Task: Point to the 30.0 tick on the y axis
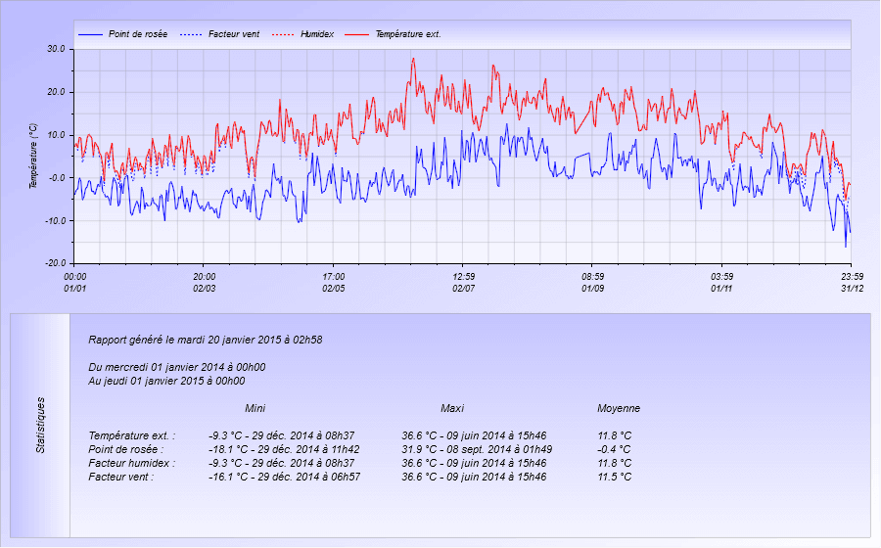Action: tap(56, 49)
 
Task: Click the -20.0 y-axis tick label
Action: tap(55, 264)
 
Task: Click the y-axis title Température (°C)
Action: tap(32, 156)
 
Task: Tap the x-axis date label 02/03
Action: tap(204, 289)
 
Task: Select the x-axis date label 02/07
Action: tap(463, 289)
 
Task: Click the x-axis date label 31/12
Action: tap(852, 289)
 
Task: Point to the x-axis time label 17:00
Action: tap(334, 277)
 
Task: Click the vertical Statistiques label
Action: tap(40, 425)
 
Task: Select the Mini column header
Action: tap(255, 408)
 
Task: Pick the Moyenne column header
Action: tap(619, 408)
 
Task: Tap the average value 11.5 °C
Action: tap(614, 477)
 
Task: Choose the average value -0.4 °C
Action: tap(614, 449)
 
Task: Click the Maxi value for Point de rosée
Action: tap(474, 449)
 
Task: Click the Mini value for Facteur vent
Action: tap(284, 477)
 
